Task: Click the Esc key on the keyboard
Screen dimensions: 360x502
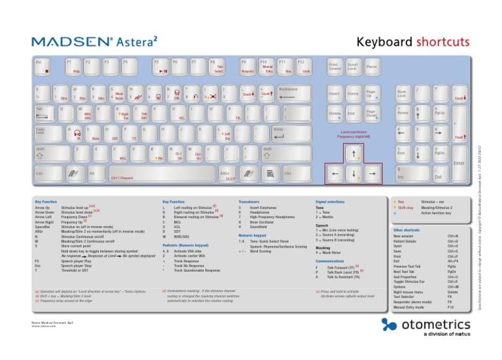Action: click(44, 67)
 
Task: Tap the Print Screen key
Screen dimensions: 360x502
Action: click(334, 67)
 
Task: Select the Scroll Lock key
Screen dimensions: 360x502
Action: click(353, 67)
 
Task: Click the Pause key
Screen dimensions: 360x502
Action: click(371, 67)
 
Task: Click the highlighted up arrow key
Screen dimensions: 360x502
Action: click(353, 155)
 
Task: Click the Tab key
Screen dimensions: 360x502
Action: click(45, 113)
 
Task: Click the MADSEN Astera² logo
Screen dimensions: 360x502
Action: click(95, 42)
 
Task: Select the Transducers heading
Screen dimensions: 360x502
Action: click(249, 203)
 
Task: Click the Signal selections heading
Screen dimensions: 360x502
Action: click(330, 203)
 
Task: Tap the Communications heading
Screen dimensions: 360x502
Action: click(329, 260)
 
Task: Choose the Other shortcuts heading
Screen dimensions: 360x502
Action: click(407, 231)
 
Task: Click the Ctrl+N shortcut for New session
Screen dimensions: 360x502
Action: click(453, 236)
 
